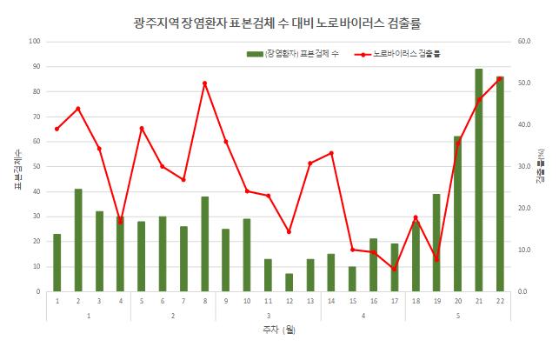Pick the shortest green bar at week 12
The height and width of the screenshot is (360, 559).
[x=289, y=283]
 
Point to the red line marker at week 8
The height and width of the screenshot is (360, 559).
[x=205, y=83]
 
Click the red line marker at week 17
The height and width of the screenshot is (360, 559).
[x=395, y=269]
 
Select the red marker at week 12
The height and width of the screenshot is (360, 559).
[x=289, y=231]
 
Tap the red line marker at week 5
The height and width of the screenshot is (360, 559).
[x=142, y=128]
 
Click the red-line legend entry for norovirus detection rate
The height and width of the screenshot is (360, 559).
[x=399, y=54]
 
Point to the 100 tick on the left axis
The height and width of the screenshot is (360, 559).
[x=36, y=42]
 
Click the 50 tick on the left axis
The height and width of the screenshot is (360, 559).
[x=37, y=166]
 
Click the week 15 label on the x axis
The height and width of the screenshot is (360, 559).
[x=353, y=300]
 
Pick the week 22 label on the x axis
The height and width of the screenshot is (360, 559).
[x=500, y=300]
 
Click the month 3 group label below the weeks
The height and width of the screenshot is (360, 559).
[x=268, y=314]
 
